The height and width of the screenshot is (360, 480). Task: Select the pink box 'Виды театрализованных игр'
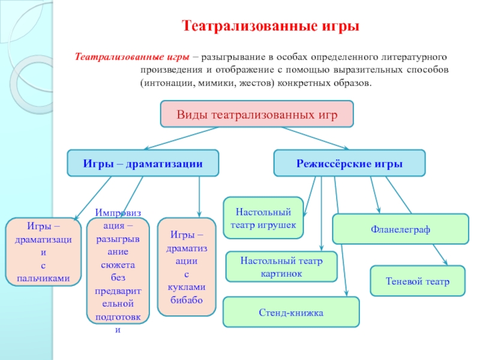point(257,114)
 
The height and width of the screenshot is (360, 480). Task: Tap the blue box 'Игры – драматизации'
point(143,163)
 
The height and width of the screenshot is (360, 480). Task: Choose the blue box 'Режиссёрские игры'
point(349,163)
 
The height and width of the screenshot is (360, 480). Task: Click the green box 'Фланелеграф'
point(400,229)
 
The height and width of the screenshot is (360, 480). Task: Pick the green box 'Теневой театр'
point(418,281)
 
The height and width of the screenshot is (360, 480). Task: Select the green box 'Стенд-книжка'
point(291,312)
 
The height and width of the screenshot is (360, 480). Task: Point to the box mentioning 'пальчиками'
point(43,252)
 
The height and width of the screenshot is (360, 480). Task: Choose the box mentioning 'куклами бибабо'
point(186,267)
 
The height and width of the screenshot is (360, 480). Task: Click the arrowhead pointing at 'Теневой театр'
point(445,262)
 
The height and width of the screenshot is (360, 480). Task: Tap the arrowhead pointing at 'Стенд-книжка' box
point(347,293)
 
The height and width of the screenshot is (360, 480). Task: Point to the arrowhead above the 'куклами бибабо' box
point(199,214)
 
